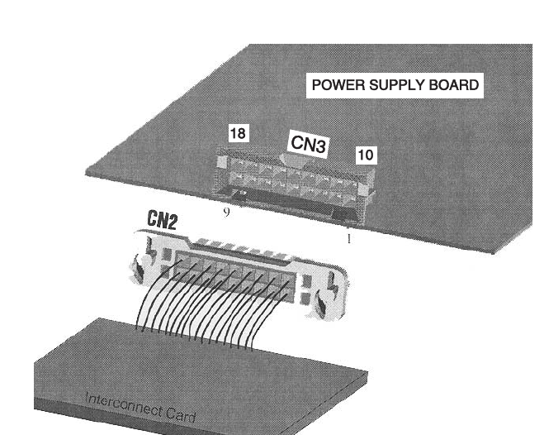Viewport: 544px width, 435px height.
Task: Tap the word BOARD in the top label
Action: [x=451, y=85]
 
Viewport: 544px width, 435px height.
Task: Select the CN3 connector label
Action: [x=310, y=145]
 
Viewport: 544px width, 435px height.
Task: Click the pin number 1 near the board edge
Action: [x=349, y=239]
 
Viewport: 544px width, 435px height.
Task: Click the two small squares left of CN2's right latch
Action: [x=306, y=289]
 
